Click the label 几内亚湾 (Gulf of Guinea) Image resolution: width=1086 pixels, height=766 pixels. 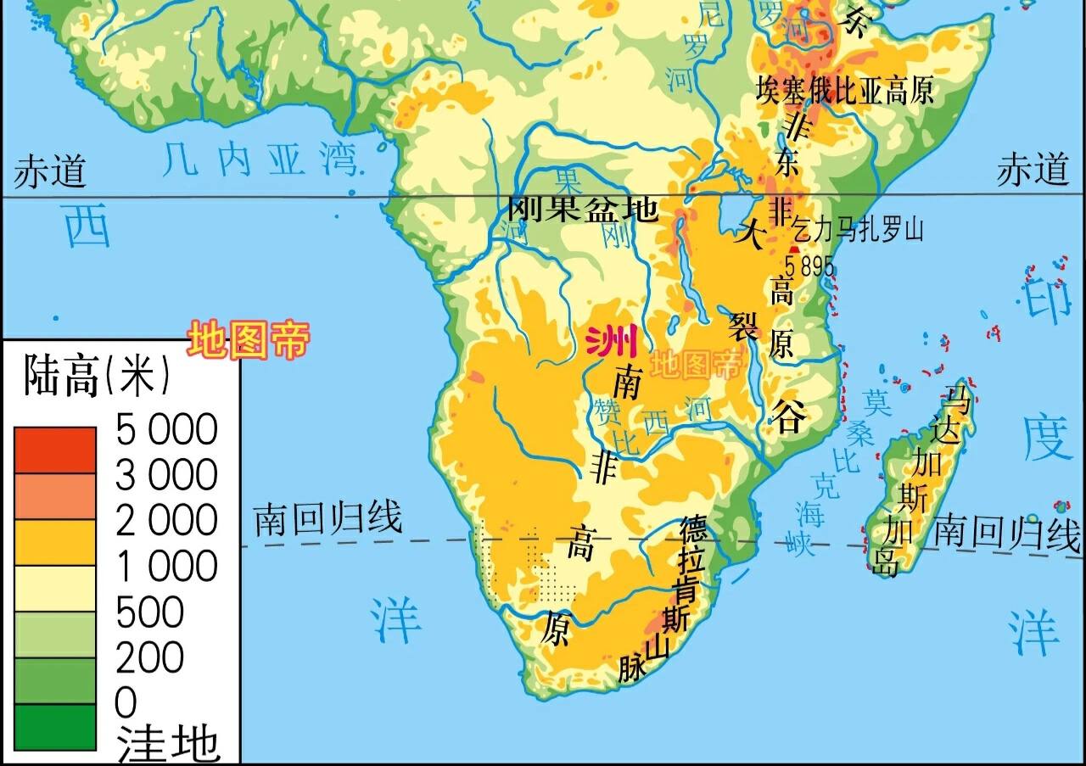(x=260, y=159)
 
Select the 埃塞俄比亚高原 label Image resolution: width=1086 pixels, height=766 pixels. (x=845, y=91)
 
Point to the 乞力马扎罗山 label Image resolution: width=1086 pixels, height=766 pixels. (x=857, y=230)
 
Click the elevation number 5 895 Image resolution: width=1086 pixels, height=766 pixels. (x=809, y=266)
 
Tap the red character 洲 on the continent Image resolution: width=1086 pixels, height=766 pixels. (x=612, y=342)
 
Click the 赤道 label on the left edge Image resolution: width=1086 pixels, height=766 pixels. (x=49, y=171)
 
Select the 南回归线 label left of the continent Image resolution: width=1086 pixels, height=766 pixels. (x=328, y=517)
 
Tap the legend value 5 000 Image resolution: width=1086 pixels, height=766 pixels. (x=167, y=430)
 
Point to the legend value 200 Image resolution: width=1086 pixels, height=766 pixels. (x=150, y=657)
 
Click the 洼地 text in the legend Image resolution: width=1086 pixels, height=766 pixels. (x=168, y=744)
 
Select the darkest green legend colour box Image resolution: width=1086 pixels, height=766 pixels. (x=54, y=727)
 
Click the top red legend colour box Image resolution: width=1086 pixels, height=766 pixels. (x=54, y=450)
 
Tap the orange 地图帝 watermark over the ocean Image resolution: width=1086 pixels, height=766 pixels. (x=248, y=340)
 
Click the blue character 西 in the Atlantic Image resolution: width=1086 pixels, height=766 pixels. (x=87, y=228)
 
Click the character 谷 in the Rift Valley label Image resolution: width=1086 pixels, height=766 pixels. (x=787, y=416)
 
